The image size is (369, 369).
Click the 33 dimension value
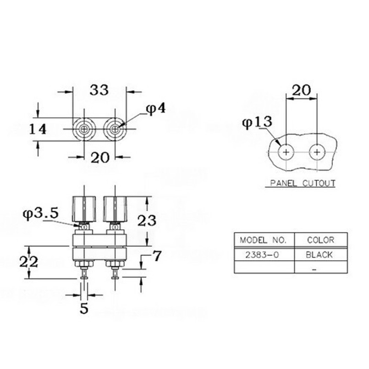pyautogui.click(x=99, y=90)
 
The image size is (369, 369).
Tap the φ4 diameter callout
pyautogui.click(x=155, y=108)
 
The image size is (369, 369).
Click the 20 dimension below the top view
pyautogui.click(x=100, y=158)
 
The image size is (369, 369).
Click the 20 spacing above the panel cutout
pyautogui.click(x=301, y=90)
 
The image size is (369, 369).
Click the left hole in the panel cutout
pyautogui.click(x=286, y=152)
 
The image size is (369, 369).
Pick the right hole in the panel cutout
pyautogui.click(x=317, y=152)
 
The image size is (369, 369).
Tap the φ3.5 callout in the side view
pyautogui.click(x=40, y=214)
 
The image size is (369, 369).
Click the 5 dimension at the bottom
pyautogui.click(x=84, y=309)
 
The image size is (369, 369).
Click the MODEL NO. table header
pyautogui.click(x=263, y=240)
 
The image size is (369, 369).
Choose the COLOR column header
pyautogui.click(x=320, y=240)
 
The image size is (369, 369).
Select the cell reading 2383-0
pyautogui.click(x=263, y=255)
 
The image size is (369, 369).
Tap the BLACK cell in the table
pyautogui.click(x=320, y=255)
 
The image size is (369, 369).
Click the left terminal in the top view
pyautogui.click(x=84, y=129)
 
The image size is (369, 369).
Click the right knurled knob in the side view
pyautogui.click(x=115, y=208)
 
